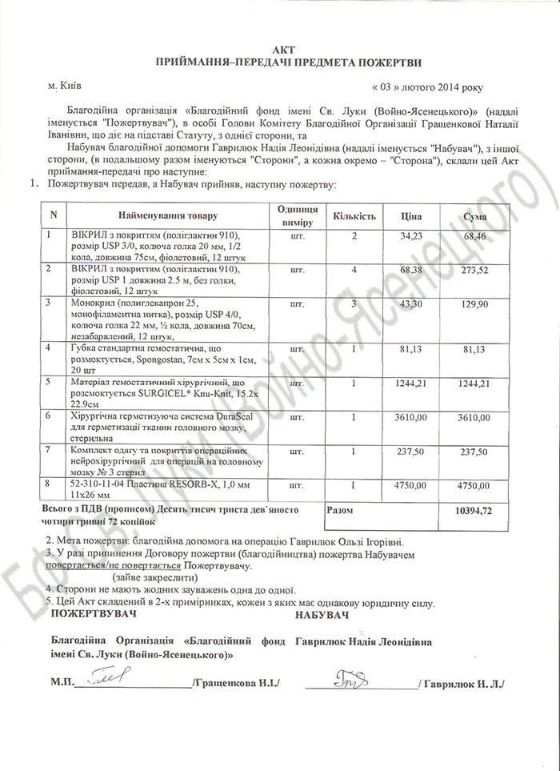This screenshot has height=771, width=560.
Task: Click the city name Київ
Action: point(70,83)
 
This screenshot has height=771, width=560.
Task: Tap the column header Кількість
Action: point(354,216)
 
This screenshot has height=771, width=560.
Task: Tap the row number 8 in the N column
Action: point(50,485)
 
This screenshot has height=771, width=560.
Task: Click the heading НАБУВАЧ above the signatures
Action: point(322,613)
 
